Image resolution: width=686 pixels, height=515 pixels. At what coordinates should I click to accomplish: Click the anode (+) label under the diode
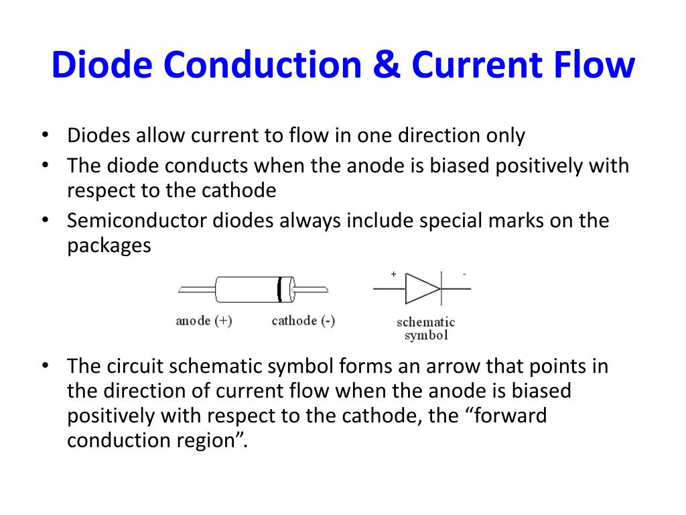pyautogui.click(x=204, y=321)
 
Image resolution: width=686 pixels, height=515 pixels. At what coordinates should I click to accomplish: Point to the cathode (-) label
pyautogui.click(x=303, y=321)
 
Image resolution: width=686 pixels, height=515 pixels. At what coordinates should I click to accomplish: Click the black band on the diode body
pyautogui.click(x=279, y=289)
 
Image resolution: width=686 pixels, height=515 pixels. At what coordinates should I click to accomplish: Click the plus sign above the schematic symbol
pyautogui.click(x=393, y=274)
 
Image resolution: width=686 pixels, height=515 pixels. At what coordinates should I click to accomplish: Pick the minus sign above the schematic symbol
pyautogui.click(x=464, y=274)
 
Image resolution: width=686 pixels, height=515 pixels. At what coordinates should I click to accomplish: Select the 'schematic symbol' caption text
pyautogui.click(x=425, y=329)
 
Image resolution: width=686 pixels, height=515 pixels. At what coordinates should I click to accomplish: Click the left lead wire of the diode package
pyautogui.click(x=196, y=290)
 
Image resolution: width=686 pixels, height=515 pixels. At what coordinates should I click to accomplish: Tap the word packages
pyautogui.click(x=109, y=245)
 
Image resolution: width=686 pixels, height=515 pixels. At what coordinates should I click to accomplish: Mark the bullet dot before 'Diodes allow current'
pyautogui.click(x=45, y=135)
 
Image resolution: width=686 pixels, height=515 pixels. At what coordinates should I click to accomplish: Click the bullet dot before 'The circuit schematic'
pyautogui.click(x=45, y=366)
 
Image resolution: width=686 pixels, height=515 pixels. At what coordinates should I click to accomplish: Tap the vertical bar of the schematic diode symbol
pyautogui.click(x=441, y=289)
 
